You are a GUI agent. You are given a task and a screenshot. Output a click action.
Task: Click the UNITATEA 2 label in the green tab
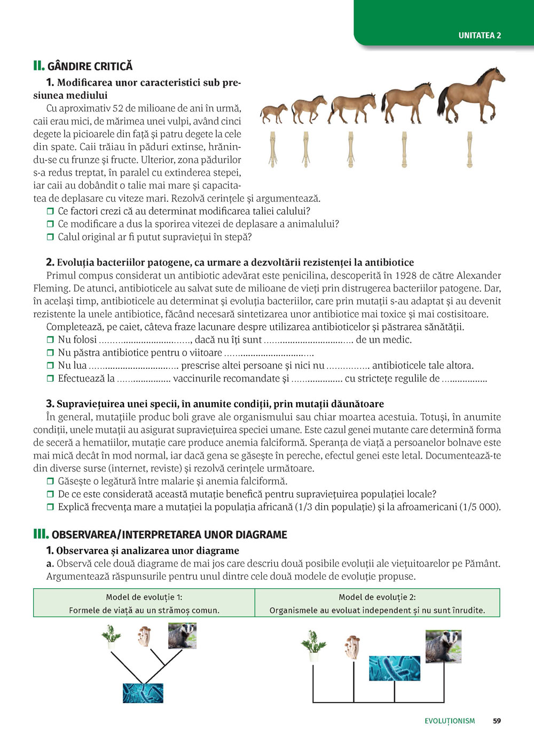(480, 35)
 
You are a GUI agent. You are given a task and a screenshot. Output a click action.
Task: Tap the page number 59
(497, 721)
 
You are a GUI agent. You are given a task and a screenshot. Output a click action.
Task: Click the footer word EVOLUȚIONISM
(450, 721)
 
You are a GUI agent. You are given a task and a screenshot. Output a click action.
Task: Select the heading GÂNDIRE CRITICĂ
(90, 66)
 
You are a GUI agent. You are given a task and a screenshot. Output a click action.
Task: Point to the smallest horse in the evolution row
(273, 113)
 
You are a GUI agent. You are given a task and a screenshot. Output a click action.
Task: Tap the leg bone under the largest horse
(469, 149)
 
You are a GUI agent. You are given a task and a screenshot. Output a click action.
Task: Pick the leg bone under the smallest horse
(273, 149)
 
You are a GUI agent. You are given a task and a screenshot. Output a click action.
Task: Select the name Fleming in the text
(51, 288)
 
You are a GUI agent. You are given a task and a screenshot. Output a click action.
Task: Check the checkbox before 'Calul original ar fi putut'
(50, 237)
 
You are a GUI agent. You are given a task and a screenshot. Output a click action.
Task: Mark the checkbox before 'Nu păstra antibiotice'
(50, 353)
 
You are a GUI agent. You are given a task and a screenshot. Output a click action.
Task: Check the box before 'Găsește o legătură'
(50, 481)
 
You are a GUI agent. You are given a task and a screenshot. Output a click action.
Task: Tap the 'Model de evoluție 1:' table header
(144, 597)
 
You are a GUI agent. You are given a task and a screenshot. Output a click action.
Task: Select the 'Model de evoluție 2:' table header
(377, 597)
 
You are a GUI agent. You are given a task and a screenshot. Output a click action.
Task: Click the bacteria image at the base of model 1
(143, 693)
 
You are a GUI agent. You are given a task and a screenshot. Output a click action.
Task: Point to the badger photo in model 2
(443, 646)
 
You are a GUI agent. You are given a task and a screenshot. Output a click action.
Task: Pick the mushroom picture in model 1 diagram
(144, 636)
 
